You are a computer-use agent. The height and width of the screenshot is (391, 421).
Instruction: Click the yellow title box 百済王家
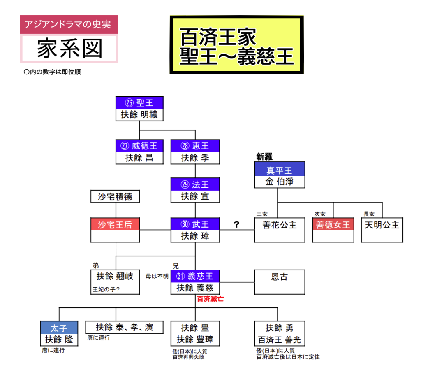[236, 45]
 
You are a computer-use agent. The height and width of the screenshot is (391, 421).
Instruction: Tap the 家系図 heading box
[69, 49]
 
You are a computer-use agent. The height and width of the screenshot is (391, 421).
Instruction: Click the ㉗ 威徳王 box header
[139, 146]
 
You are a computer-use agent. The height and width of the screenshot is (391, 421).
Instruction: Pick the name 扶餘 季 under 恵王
[195, 158]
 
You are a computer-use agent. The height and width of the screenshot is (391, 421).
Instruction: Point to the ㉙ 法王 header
[195, 184]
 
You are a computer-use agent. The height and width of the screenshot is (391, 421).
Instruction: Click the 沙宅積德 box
[115, 197]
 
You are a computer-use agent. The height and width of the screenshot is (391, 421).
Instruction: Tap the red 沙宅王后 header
[115, 224]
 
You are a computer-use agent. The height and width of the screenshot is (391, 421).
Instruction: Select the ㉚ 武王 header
[195, 224]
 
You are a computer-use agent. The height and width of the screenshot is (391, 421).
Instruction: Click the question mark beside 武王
[236, 224]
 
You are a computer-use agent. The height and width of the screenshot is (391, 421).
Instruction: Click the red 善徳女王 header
[333, 225]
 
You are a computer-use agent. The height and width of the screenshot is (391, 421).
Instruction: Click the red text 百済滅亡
[210, 299]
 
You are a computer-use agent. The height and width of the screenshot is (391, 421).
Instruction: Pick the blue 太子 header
[60, 328]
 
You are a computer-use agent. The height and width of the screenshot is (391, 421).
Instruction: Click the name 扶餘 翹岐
[115, 277]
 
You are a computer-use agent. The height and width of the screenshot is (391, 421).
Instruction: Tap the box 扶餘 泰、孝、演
[124, 327]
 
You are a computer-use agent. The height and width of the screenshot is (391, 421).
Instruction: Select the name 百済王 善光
[280, 340]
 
